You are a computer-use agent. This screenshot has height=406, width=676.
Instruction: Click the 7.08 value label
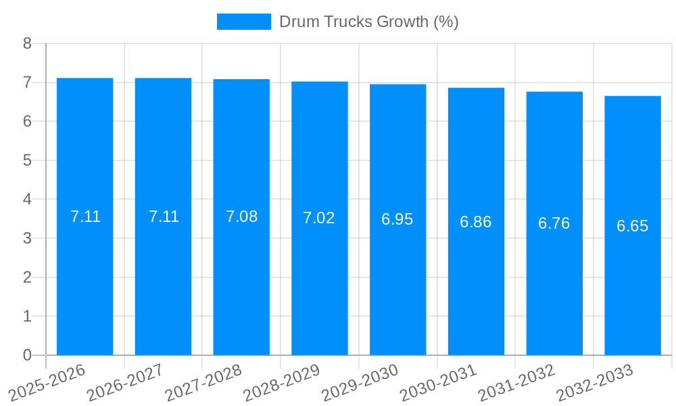click(x=241, y=217)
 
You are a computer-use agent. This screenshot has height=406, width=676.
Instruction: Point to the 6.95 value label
click(x=397, y=219)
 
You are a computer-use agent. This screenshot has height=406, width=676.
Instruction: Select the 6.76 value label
click(x=554, y=223)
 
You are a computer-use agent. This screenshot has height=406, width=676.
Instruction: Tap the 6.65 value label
click(x=633, y=226)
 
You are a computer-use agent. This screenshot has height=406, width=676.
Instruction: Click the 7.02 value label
click(x=319, y=218)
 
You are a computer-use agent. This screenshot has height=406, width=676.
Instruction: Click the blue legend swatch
click(x=243, y=22)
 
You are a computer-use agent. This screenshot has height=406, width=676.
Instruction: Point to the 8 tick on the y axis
click(x=27, y=43)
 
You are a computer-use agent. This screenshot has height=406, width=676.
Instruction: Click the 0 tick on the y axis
click(x=27, y=355)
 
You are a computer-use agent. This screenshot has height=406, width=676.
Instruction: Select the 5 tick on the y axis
click(x=27, y=160)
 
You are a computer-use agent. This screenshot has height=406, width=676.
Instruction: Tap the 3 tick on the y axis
click(x=27, y=238)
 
